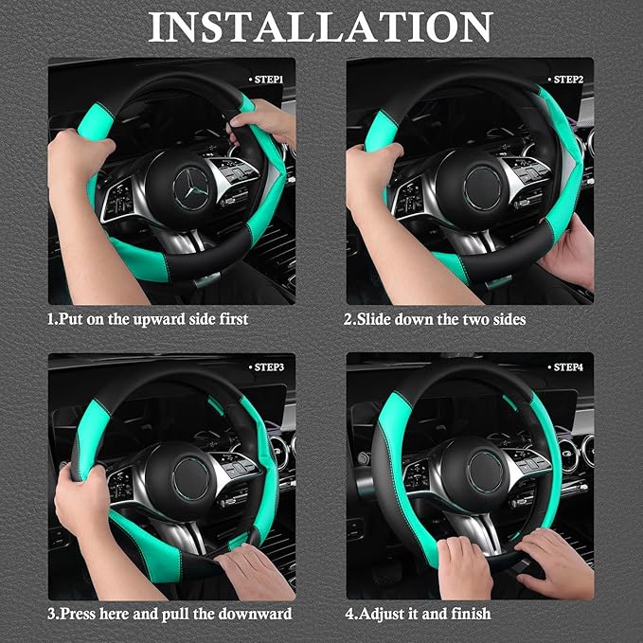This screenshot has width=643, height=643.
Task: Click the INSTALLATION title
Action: (320, 27)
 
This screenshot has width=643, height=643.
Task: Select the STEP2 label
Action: (567, 80)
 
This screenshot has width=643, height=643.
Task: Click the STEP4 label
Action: (567, 366)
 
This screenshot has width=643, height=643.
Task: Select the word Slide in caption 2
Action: (373, 320)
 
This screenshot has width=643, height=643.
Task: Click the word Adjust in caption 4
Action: (381, 615)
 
